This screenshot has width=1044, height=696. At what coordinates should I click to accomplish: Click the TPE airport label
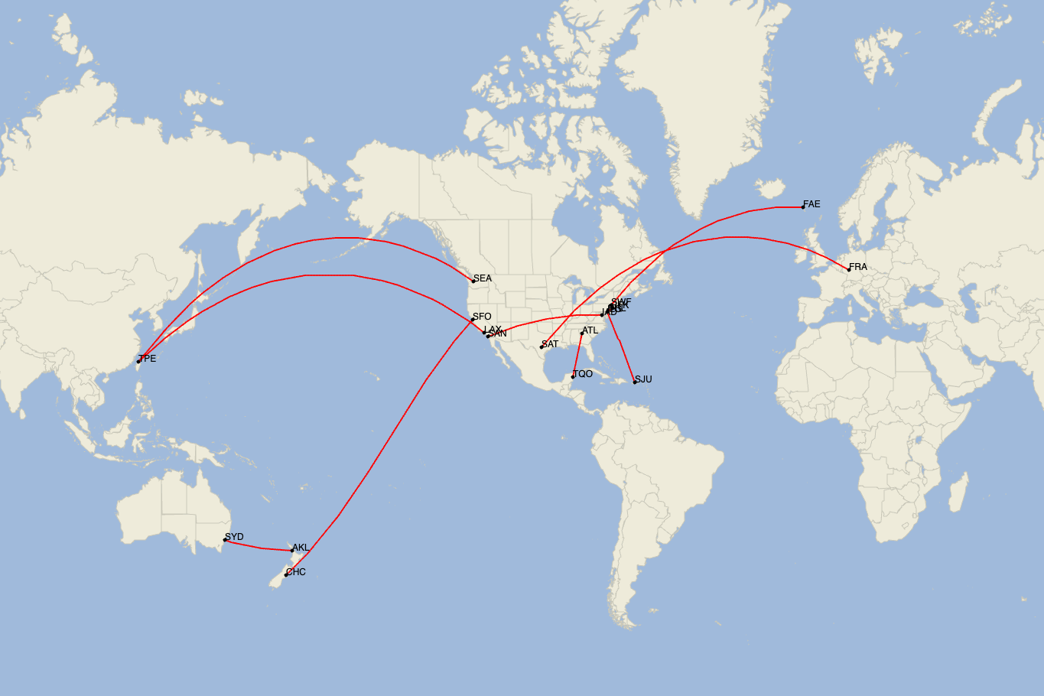[147, 359]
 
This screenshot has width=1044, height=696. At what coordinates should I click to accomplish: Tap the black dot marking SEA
[473, 281]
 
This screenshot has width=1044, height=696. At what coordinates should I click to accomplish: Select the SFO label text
[482, 317]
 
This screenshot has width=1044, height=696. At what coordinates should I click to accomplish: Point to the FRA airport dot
[848, 269]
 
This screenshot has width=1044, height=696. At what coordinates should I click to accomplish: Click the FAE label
[811, 204]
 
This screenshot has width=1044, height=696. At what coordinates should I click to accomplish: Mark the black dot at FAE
[803, 207]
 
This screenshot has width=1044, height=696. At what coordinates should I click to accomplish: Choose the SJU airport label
[643, 379]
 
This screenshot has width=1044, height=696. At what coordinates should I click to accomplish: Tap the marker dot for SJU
[635, 382]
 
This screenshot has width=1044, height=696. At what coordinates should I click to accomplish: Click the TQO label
[583, 374]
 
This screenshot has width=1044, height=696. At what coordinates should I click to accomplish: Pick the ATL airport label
[590, 330]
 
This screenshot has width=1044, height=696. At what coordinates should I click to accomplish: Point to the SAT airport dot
[542, 347]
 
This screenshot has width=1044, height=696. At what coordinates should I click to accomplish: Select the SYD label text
[234, 537]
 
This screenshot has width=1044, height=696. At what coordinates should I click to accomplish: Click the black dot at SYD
[225, 540]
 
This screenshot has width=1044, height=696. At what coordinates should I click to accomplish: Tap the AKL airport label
[301, 548]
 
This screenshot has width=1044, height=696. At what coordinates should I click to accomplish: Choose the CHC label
[295, 572]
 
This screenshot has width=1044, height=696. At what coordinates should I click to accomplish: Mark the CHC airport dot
[286, 575]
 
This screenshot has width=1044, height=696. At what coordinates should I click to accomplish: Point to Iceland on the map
[773, 188]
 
